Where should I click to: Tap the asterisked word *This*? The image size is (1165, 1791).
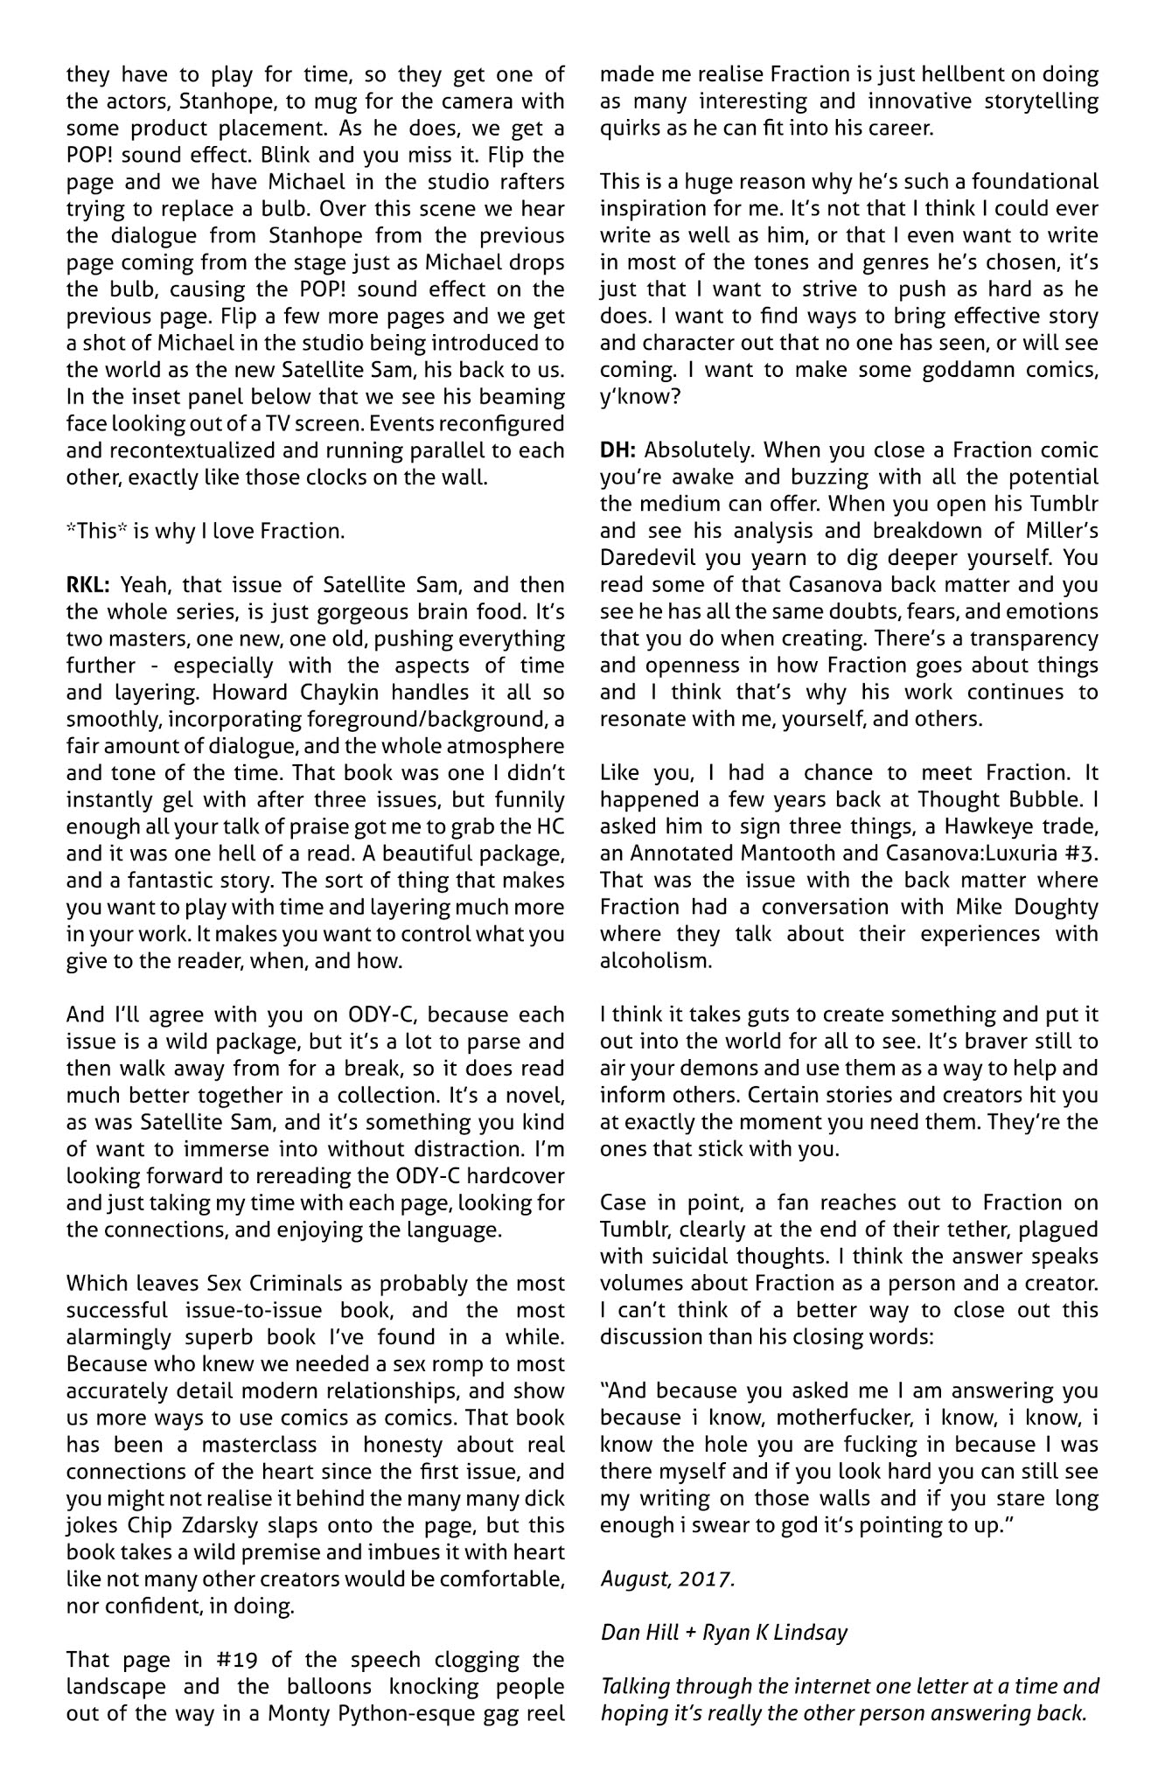(95, 532)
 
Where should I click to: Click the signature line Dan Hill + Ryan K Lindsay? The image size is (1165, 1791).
(723, 1633)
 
